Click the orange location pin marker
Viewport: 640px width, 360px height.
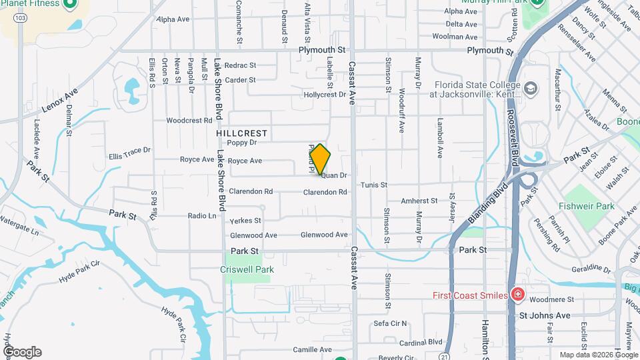pos(320,159)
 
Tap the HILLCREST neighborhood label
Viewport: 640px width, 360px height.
pos(241,133)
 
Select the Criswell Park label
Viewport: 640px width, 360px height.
pos(247,270)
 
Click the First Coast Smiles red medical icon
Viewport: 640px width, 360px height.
pos(517,295)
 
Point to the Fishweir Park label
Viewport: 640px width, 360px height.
pos(587,207)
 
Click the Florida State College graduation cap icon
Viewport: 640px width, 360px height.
pos(530,88)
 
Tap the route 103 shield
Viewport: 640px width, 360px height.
pos(23,18)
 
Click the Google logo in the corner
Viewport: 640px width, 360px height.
pos(22,352)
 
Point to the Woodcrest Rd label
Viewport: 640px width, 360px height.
pos(189,121)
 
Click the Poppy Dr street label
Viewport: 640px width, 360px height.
pos(241,143)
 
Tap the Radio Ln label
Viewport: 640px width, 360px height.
pos(202,216)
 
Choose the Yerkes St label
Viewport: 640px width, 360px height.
pos(245,221)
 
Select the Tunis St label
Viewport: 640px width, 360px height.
pos(374,185)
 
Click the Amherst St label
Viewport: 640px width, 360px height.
pos(419,201)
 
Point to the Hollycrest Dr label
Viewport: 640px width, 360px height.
pos(325,95)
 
